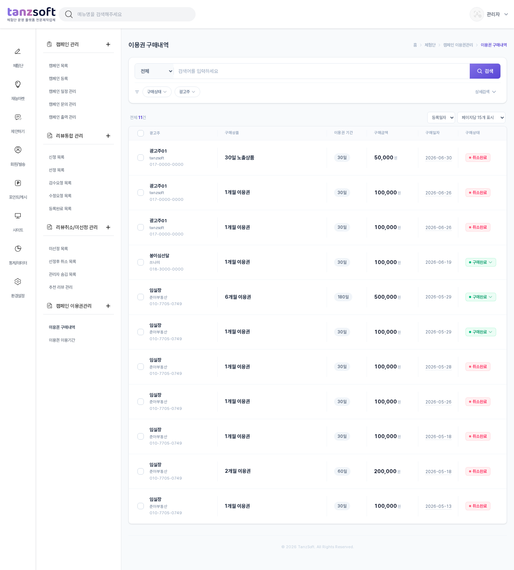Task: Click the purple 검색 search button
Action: click(485, 71)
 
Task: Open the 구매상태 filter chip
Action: click(157, 92)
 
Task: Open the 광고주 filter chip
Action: click(187, 92)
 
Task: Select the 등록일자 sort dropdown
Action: click(441, 118)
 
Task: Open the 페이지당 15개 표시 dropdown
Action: click(481, 118)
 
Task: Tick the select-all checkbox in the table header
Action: click(141, 133)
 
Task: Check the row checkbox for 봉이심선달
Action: click(141, 262)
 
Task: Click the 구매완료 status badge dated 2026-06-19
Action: click(480, 262)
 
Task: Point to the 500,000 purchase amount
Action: click(385, 297)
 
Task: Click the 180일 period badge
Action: click(343, 297)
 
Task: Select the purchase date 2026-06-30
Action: click(438, 158)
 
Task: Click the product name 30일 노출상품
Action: click(240, 158)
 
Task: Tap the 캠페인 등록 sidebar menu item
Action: click(59, 79)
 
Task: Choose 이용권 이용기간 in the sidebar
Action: click(62, 340)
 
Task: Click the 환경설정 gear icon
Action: click(18, 282)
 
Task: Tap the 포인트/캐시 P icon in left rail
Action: click(18, 183)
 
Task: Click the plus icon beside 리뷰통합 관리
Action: click(108, 136)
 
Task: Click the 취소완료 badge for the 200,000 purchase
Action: click(478, 471)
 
